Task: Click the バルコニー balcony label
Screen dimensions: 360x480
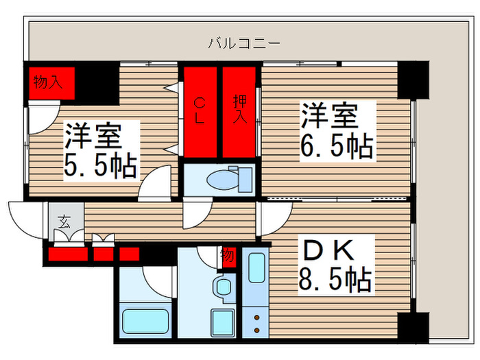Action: pyautogui.click(x=244, y=45)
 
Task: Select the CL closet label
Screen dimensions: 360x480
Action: pyautogui.click(x=199, y=110)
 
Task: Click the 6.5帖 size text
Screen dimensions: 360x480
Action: pyautogui.click(x=336, y=145)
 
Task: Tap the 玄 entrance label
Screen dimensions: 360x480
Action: pyautogui.click(x=64, y=221)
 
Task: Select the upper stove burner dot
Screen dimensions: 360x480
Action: pyautogui.click(x=256, y=317)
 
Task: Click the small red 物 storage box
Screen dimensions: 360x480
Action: pyautogui.click(x=228, y=256)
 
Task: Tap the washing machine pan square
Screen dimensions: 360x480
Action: pyautogui.click(x=222, y=323)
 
